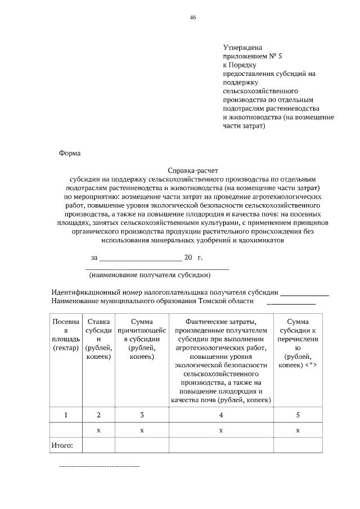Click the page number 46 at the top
193,18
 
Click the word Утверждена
242,48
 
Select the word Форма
70,153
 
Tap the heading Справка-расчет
192,169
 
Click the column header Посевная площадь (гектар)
66,335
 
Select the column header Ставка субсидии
98,339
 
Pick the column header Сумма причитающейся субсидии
142,339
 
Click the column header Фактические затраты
220,360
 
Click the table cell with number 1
66,415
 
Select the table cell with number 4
220,415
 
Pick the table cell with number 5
298,415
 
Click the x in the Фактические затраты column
220,430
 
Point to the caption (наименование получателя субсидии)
150,276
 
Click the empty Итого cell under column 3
142,445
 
